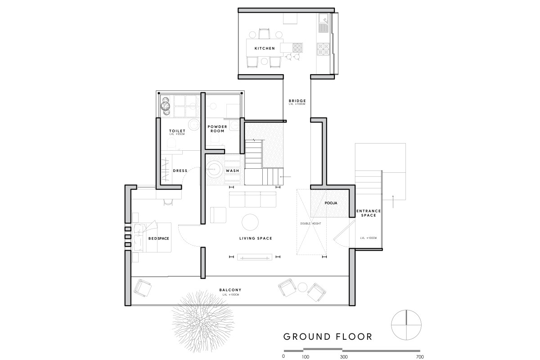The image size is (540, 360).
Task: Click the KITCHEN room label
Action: pos(265,49)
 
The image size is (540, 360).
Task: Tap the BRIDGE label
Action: pos(297,101)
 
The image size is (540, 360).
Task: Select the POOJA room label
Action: pos(331,203)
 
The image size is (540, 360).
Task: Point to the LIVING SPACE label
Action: pos(256,238)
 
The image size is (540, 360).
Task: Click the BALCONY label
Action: pos(230,290)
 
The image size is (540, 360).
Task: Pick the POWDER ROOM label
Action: pos(217,129)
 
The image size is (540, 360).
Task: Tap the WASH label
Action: pos(232,171)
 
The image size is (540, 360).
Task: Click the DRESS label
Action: pos(180,171)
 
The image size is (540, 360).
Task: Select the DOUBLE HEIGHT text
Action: pos(310,224)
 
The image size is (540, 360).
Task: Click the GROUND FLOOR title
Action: pos(328,337)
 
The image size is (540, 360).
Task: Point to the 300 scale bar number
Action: pos(344,357)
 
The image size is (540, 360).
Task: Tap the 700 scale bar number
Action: pos(420,357)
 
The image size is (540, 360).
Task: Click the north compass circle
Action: pos(406,310)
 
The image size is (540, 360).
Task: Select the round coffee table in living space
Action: pos(250,222)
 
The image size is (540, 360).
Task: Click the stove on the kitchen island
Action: pos(297,48)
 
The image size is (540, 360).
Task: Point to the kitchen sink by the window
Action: pos(323,23)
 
